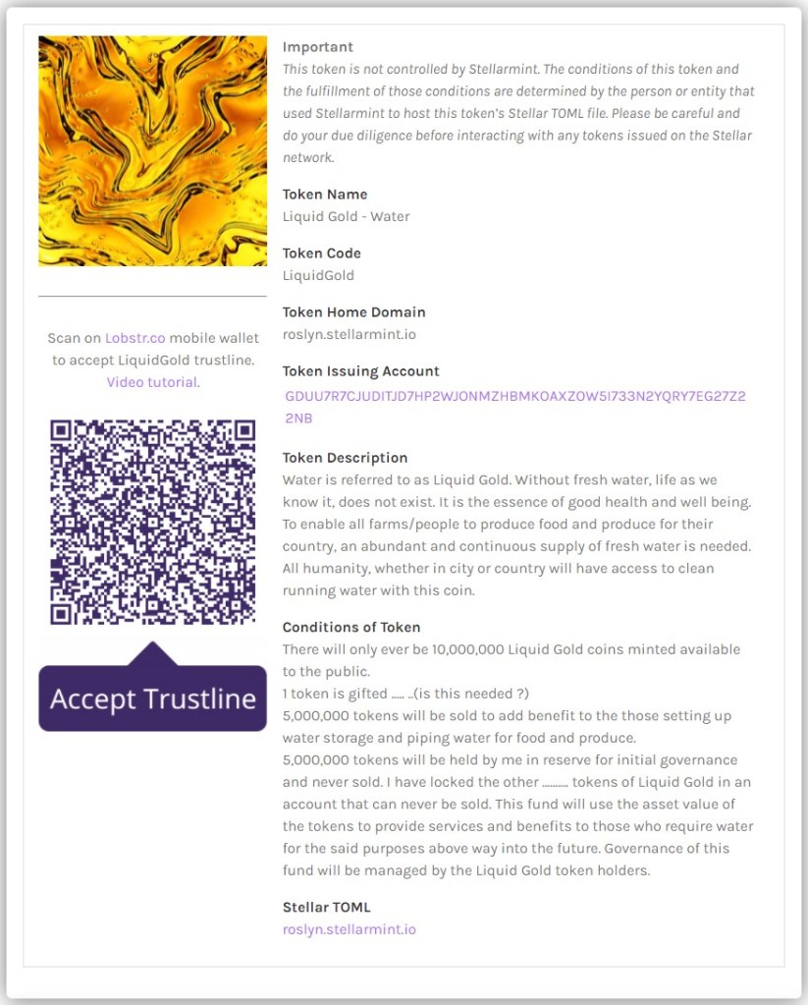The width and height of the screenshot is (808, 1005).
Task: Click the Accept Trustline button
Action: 152,698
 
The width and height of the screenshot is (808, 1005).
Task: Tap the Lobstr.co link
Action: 135,338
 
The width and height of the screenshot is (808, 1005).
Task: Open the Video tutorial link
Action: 152,382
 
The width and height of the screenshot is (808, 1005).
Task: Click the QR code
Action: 152,523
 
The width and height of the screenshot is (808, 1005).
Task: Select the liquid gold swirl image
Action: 152,151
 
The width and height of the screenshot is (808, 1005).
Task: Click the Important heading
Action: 318,47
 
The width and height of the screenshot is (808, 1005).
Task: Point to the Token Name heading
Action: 325,195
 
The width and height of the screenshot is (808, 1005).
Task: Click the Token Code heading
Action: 322,253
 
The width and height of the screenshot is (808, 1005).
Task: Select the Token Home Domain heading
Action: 354,312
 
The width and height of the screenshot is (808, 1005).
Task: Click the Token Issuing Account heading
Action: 361,371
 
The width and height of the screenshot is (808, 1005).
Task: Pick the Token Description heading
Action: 345,458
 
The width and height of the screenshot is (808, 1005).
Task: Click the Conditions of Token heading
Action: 351,628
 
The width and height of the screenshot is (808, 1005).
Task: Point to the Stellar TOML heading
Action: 327,908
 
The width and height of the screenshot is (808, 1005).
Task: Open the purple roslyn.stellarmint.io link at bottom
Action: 350,929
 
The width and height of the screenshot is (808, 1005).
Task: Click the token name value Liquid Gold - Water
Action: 347,217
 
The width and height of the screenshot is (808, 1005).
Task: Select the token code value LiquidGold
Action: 318,276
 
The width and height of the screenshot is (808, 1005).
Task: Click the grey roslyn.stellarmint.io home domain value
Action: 350,335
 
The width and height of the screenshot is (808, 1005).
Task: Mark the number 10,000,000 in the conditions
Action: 468,650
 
